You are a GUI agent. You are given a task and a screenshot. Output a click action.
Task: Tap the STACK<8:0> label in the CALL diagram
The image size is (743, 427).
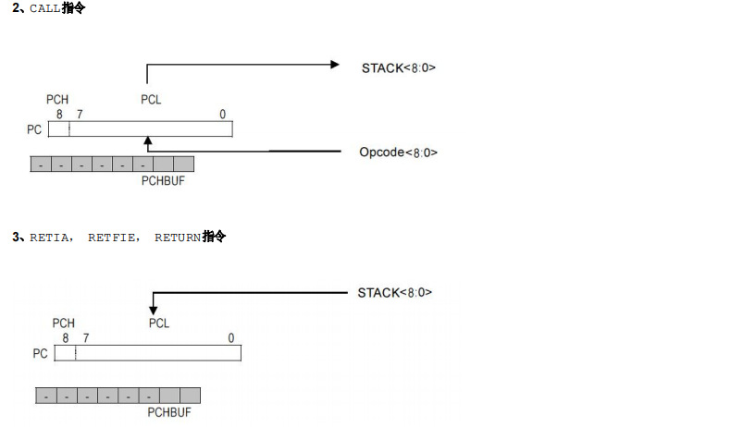398,67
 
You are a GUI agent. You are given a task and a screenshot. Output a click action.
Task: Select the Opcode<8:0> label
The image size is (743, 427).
398,152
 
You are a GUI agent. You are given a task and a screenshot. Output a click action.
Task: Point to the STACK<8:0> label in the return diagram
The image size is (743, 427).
395,293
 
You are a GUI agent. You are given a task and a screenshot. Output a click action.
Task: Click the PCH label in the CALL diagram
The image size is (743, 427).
56,100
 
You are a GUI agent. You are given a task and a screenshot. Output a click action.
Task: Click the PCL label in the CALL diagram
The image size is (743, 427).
151,100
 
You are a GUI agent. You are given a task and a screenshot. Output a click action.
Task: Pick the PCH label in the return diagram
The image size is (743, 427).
63,323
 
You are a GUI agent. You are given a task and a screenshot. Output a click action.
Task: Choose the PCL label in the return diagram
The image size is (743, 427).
159,323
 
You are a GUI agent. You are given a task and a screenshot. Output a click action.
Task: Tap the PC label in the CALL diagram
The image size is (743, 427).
34,130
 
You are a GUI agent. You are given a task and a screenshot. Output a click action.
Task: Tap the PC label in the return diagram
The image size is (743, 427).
40,354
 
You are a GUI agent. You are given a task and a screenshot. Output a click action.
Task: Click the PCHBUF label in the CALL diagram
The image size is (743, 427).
163,180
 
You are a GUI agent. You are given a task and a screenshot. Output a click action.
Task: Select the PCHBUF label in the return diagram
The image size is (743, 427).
169,412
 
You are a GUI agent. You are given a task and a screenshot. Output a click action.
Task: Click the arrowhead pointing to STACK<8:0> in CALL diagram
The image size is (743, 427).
336,65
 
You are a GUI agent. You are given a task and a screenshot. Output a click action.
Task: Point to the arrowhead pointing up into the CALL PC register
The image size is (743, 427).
146,140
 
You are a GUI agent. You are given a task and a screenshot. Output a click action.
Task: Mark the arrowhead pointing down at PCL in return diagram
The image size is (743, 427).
154,311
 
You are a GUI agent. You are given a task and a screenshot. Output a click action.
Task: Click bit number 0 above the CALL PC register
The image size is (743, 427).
222,115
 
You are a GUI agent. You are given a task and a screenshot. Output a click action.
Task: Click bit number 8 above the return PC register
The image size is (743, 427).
65,338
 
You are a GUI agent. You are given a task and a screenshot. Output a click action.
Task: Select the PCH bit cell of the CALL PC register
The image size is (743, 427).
58,129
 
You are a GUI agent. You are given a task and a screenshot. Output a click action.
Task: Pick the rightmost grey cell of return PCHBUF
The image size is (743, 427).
191,396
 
